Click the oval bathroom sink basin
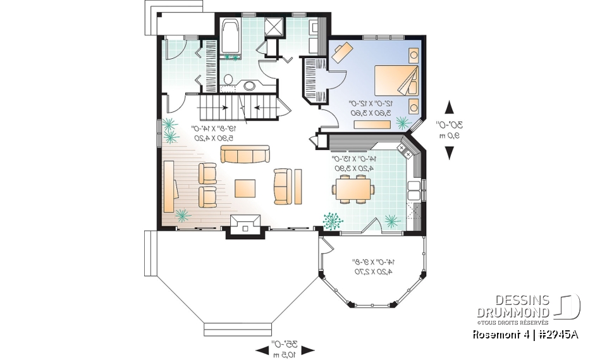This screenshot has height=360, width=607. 250,85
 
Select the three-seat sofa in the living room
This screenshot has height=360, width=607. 245,154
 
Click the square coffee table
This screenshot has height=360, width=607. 245,189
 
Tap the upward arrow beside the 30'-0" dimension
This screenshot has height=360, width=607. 450,107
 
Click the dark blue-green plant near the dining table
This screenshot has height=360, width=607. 331,220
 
